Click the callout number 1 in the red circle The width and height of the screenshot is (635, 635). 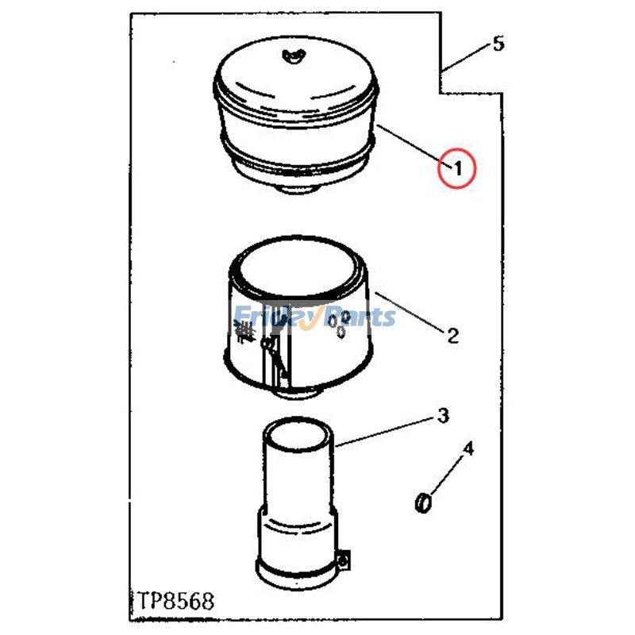(458, 167)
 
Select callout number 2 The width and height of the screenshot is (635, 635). (452, 336)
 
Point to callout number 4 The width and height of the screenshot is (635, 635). (468, 449)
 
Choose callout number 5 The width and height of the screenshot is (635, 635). (498, 44)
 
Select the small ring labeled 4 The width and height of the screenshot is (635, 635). (424, 502)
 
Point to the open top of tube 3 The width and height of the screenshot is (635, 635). (297, 437)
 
